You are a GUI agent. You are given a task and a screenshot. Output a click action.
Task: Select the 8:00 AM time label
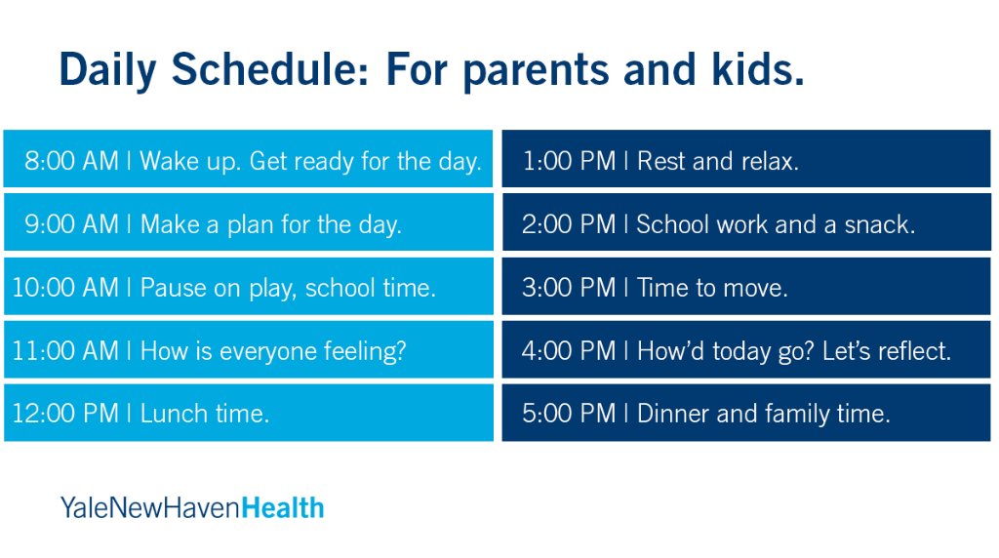pyautogui.click(x=72, y=161)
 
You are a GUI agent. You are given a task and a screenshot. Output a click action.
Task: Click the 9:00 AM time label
pyautogui.click(x=72, y=224)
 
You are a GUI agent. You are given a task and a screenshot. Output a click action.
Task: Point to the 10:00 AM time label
pyautogui.click(x=65, y=287)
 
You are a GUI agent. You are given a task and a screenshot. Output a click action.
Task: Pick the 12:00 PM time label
pyautogui.click(x=65, y=414)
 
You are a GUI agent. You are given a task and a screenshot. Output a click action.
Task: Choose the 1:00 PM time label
pyautogui.click(x=569, y=161)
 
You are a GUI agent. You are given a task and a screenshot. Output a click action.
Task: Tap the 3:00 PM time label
pyautogui.click(x=569, y=287)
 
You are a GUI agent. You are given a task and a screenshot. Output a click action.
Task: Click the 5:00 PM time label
pyautogui.click(x=569, y=414)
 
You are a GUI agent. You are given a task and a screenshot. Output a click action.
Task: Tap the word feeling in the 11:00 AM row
pyautogui.click(x=365, y=352)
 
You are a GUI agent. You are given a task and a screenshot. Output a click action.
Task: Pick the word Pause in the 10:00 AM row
pyautogui.click(x=173, y=287)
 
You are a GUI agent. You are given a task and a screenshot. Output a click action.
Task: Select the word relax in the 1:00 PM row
pyautogui.click(x=770, y=161)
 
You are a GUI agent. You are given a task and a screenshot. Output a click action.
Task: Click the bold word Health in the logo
pyautogui.click(x=283, y=508)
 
